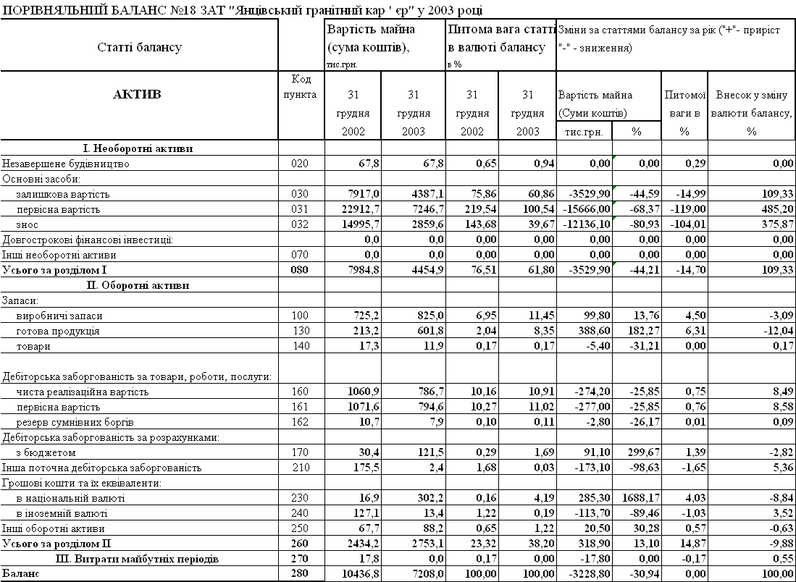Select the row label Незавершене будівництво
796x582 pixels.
(66, 164)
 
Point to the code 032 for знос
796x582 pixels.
(299, 224)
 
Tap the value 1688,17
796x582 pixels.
(638, 498)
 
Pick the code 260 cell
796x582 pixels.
(299, 543)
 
